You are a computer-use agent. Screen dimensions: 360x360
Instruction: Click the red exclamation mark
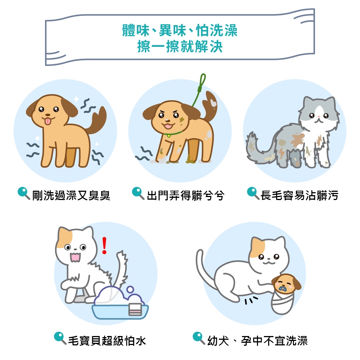104,245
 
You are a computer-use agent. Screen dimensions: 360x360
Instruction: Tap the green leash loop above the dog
202,81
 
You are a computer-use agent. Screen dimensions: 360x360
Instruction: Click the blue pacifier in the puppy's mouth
282,289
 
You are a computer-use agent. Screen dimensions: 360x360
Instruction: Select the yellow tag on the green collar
169,136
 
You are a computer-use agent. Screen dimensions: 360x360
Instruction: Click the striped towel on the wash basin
135,309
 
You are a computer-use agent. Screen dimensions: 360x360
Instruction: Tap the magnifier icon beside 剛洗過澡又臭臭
24,193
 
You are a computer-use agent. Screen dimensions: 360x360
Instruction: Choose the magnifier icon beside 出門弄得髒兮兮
138,193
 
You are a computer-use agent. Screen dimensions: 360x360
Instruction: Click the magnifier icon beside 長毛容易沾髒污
253,193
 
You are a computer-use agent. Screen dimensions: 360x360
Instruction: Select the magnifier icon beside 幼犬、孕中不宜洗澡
199,338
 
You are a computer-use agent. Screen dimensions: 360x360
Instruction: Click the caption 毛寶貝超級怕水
107,341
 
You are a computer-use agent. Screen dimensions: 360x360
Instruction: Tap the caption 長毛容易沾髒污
299,196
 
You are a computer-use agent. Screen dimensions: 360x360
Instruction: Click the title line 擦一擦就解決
180,46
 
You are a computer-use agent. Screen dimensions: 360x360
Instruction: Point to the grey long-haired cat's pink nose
319,117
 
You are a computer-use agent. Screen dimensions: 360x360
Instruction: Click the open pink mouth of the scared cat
75,257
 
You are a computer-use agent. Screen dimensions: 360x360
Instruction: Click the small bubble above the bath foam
130,289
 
